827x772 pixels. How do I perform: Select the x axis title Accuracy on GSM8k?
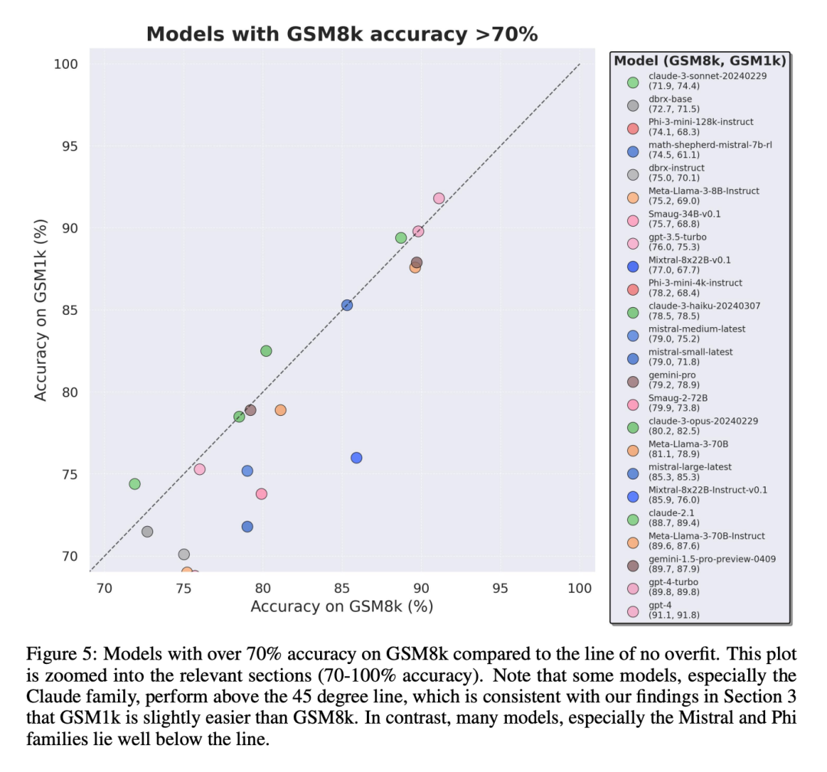(x=342, y=607)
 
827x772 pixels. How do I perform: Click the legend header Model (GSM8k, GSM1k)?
(x=701, y=61)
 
